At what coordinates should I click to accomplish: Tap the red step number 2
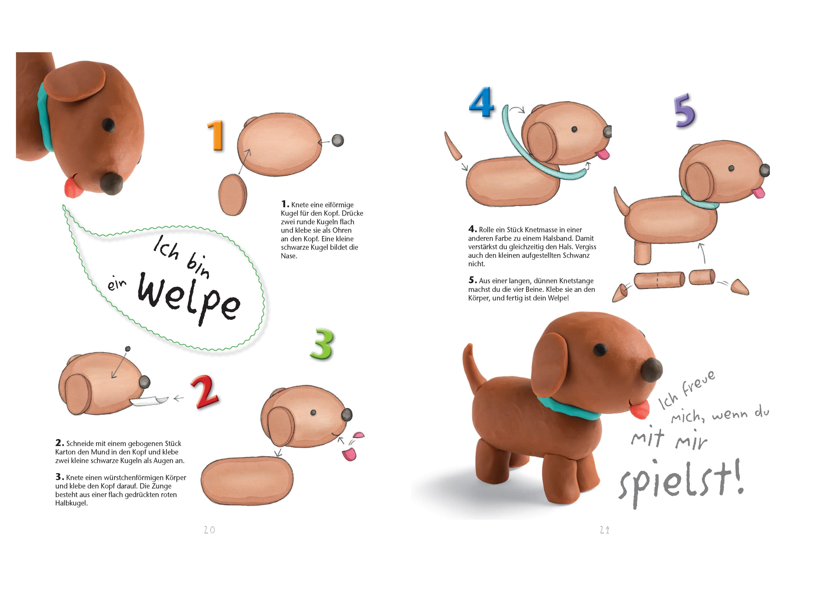(x=205, y=392)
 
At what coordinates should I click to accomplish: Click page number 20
(x=210, y=530)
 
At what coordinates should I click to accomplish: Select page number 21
(x=605, y=530)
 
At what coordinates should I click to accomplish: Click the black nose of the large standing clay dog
(x=652, y=370)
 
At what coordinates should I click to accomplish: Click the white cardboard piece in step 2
(x=149, y=400)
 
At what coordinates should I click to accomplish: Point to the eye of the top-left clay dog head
(x=109, y=125)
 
